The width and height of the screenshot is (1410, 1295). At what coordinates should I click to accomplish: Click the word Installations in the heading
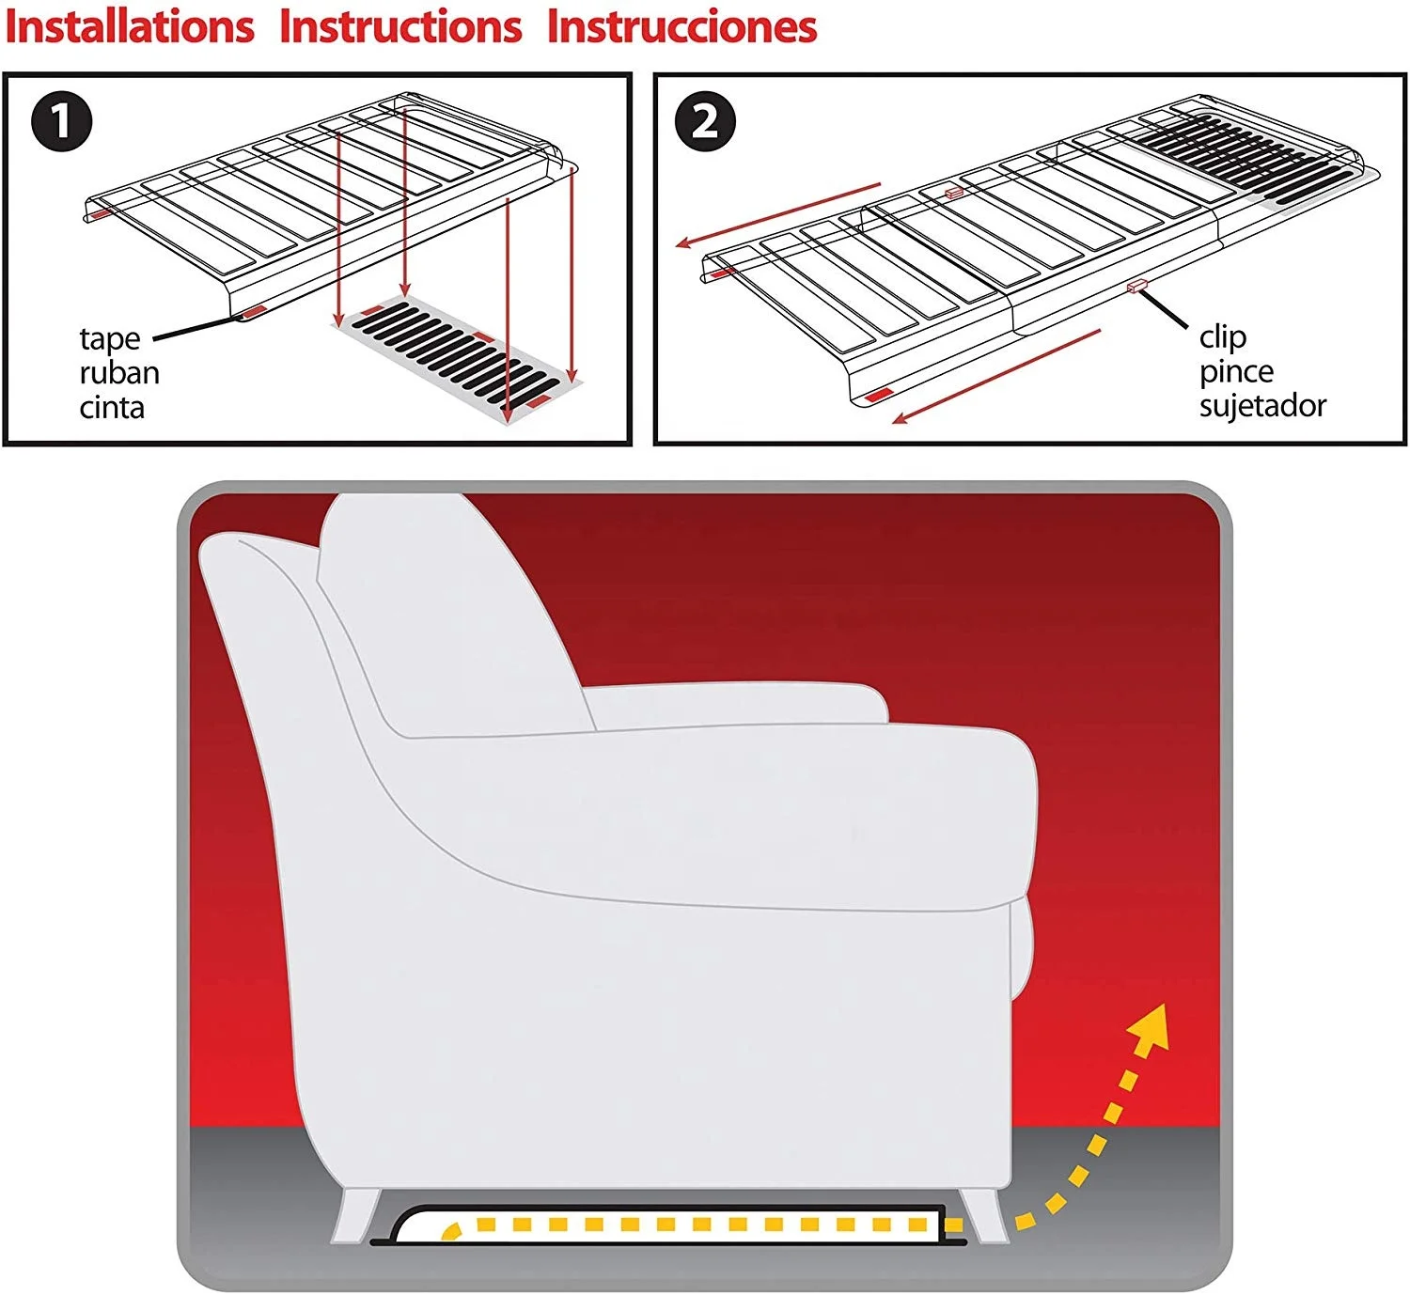click(x=130, y=26)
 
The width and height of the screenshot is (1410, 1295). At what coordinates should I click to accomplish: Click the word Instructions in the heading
click(x=400, y=26)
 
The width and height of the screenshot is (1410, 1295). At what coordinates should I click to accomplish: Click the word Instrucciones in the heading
click(x=682, y=26)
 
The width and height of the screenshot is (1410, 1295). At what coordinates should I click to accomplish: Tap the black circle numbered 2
click(x=705, y=121)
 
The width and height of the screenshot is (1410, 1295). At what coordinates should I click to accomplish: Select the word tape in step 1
click(x=110, y=338)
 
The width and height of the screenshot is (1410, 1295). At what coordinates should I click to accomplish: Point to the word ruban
click(x=119, y=373)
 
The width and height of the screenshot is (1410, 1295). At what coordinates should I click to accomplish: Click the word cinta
click(x=112, y=408)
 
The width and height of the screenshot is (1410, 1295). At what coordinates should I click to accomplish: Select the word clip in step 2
click(x=1222, y=336)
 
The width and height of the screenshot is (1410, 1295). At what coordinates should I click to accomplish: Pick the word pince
click(x=1236, y=371)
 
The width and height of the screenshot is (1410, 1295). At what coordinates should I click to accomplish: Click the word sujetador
click(x=1262, y=406)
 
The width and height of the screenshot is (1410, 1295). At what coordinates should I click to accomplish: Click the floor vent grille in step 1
click(x=458, y=358)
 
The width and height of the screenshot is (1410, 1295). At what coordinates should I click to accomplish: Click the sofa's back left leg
click(x=355, y=1214)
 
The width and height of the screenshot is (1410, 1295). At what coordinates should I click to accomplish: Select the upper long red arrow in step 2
click(x=778, y=215)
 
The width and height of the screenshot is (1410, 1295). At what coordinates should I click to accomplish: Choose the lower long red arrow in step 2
click(x=996, y=376)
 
